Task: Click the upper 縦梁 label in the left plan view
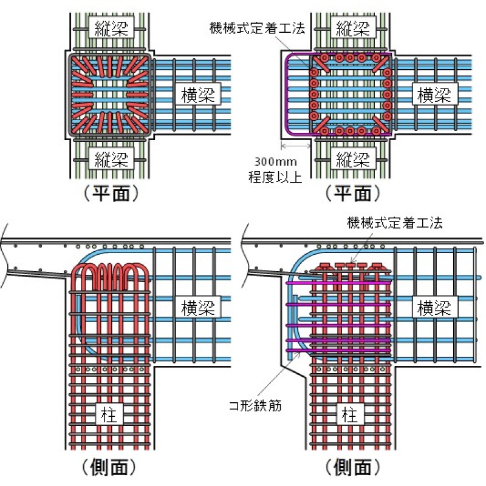[x=111, y=29]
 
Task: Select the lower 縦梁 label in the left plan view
[x=111, y=159]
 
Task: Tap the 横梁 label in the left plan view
[x=198, y=94]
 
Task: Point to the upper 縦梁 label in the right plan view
[x=353, y=29]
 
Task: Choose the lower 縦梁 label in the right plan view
[x=353, y=159]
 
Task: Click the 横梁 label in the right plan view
[x=434, y=94]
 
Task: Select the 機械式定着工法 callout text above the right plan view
[x=257, y=28]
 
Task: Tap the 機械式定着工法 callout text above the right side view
[x=395, y=223]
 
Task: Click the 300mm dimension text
[x=276, y=161]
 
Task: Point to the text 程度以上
[x=275, y=177]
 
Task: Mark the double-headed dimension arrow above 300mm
[x=296, y=145]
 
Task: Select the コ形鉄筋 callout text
[x=255, y=405]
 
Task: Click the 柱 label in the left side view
[x=109, y=414]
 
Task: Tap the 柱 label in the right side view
[x=350, y=414]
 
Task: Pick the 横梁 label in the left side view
[x=198, y=308]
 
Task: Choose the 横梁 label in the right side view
[x=434, y=308]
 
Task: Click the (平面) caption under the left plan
[x=111, y=194]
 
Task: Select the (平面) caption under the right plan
[x=353, y=194]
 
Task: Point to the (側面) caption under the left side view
[x=109, y=467]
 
